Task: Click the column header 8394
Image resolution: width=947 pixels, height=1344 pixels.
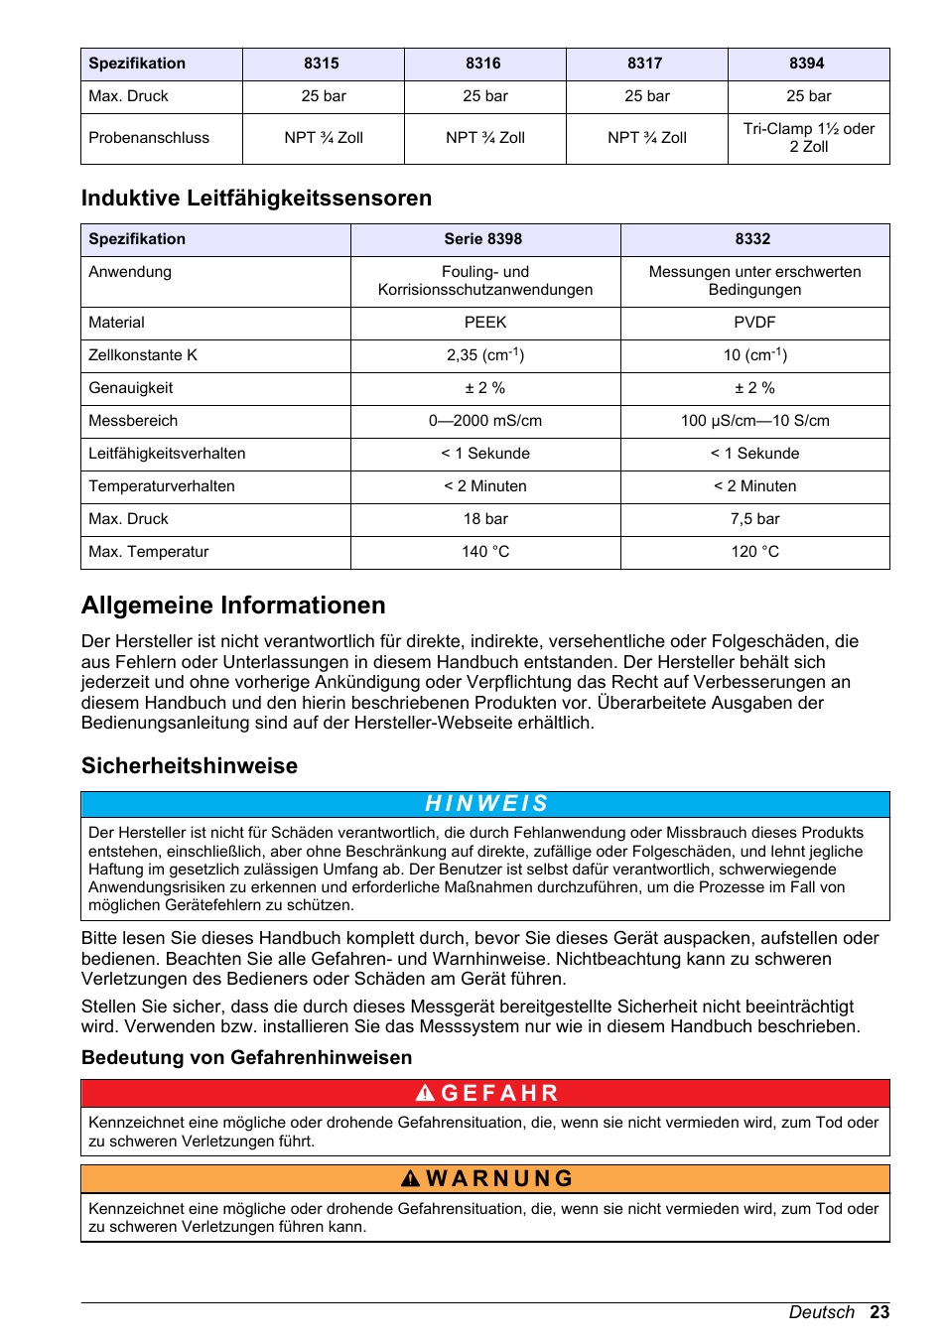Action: (807, 64)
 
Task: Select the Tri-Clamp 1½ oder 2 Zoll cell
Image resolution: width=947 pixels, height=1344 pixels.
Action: (808, 138)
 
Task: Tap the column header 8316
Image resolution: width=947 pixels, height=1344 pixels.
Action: (483, 64)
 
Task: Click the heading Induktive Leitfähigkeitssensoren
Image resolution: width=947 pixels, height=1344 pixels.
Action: (256, 199)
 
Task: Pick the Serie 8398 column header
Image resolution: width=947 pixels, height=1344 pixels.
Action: (483, 239)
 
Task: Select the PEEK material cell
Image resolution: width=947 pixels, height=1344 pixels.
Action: (485, 323)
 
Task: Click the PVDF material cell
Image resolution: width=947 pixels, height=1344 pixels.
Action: (754, 323)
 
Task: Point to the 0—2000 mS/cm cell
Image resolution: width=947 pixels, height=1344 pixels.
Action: (485, 421)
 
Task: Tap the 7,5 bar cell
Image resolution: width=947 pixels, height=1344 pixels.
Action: (754, 519)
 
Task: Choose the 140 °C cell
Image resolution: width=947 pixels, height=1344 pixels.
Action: (485, 552)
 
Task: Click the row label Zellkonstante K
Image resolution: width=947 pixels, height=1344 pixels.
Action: (143, 355)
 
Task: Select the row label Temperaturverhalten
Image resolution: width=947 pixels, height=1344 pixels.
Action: (162, 486)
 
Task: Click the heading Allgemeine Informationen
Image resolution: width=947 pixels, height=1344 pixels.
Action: (233, 605)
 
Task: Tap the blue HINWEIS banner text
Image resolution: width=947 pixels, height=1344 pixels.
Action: (486, 804)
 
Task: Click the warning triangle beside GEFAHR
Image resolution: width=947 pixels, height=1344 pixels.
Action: (425, 1094)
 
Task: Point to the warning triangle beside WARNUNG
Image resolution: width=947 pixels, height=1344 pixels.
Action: (411, 1179)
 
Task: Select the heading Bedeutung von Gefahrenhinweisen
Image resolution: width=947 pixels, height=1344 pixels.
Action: (246, 1058)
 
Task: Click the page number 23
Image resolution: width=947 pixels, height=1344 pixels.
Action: (879, 1312)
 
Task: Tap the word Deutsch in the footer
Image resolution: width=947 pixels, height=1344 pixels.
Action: (821, 1312)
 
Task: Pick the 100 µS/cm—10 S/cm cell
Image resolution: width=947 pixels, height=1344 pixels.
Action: (754, 421)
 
